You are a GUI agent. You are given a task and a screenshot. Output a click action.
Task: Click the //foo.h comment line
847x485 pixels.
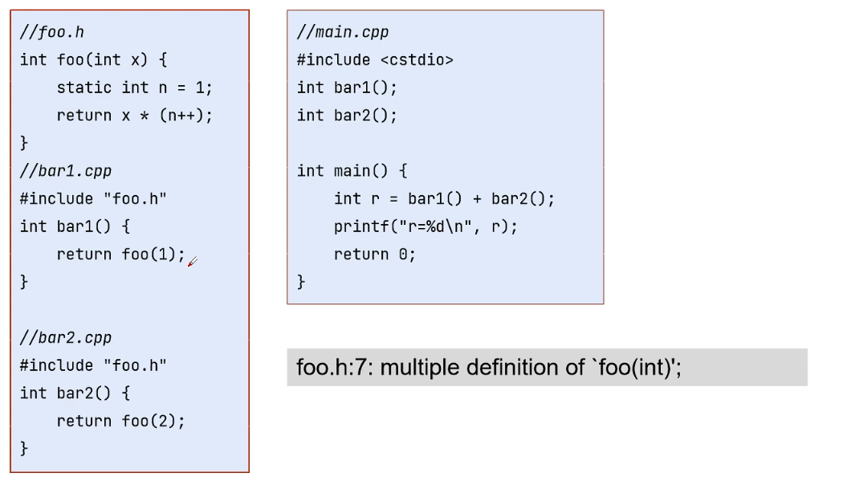pyautogui.click(x=52, y=32)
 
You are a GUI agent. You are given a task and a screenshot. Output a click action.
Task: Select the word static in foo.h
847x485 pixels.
pyautogui.click(x=83, y=88)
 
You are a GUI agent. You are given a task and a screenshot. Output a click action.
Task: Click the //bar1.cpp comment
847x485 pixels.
pyautogui.click(x=65, y=171)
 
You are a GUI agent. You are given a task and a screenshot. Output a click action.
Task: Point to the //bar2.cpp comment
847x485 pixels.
pyautogui.click(x=65, y=338)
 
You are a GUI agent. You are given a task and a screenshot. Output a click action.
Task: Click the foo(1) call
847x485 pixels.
pyautogui.click(x=149, y=254)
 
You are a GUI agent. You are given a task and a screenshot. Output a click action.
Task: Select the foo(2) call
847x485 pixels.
pyautogui.click(x=149, y=421)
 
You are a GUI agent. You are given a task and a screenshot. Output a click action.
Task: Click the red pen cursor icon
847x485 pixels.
pyautogui.click(x=193, y=262)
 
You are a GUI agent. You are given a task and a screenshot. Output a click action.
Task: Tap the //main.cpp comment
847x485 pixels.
pyautogui.click(x=343, y=32)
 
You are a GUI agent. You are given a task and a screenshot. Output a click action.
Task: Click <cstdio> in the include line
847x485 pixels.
pyautogui.click(x=417, y=60)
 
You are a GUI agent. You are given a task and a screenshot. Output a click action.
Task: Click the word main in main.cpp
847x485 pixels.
pyautogui.click(x=352, y=171)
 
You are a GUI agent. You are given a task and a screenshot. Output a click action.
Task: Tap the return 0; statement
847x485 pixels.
pyautogui.click(x=374, y=255)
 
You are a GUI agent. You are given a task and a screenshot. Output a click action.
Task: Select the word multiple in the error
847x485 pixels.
pyautogui.click(x=420, y=369)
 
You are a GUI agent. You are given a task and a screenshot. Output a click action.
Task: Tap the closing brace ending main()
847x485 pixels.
pyautogui.click(x=301, y=282)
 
